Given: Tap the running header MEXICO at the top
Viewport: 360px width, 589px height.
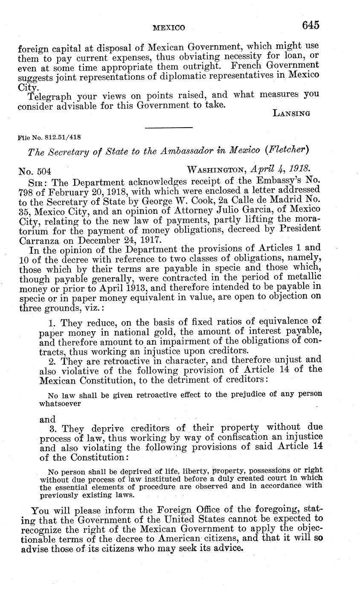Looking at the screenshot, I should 168,28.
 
